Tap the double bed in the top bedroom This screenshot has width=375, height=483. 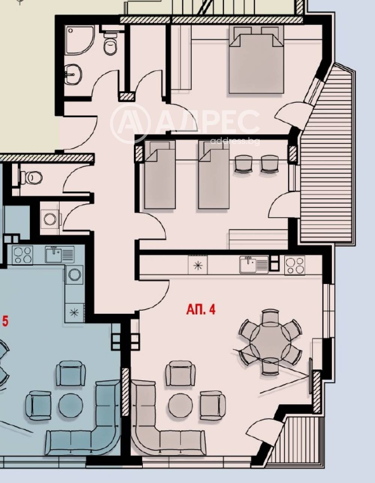[256, 60]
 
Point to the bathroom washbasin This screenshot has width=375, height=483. [72, 75]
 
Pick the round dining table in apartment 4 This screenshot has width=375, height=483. [270, 342]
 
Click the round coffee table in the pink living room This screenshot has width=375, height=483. [180, 405]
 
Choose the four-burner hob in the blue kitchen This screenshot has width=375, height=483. [22, 255]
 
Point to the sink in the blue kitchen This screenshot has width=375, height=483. [60, 254]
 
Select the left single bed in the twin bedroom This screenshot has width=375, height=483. [159, 175]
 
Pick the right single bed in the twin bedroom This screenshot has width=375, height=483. [213, 175]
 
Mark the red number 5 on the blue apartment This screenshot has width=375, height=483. [5, 322]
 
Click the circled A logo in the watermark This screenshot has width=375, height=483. [130, 123]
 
